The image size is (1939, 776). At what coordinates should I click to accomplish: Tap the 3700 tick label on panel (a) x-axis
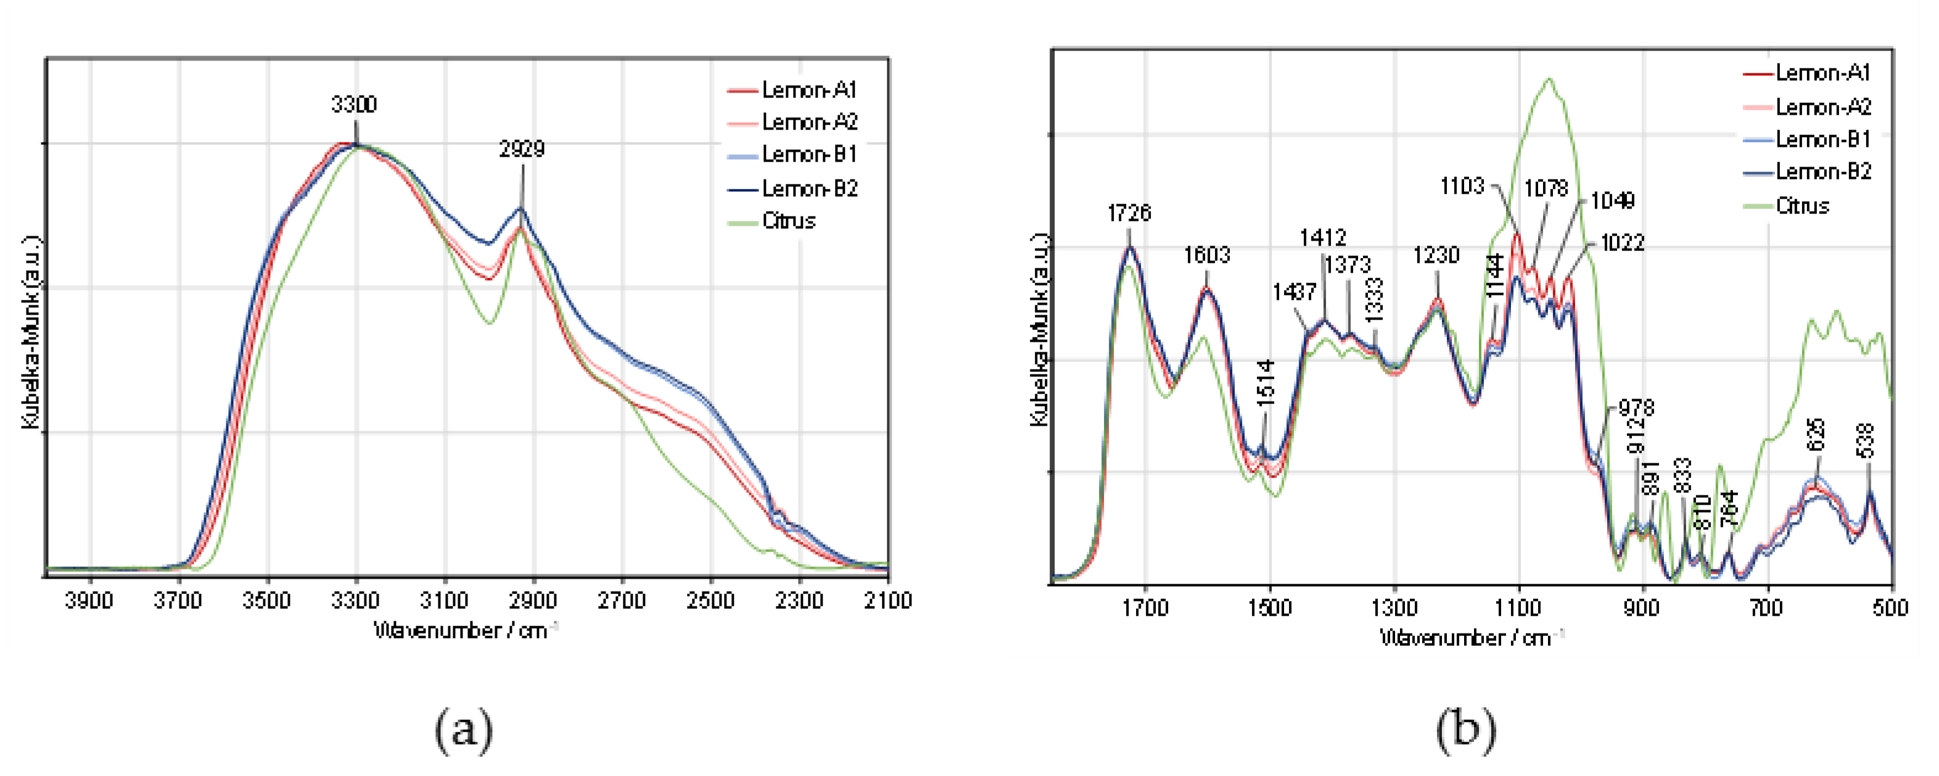click(x=178, y=601)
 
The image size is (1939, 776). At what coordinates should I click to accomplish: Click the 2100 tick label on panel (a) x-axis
click(x=888, y=601)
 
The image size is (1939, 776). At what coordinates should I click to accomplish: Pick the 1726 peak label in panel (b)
click(x=1129, y=213)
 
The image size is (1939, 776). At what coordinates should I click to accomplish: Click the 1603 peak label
click(x=1206, y=255)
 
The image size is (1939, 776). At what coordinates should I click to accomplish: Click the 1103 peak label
click(x=1462, y=186)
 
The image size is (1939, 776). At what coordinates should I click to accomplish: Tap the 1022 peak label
click(x=1622, y=242)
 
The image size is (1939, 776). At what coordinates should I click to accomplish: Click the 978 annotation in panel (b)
click(x=1636, y=408)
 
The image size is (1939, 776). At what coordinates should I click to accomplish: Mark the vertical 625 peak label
click(x=1816, y=434)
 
